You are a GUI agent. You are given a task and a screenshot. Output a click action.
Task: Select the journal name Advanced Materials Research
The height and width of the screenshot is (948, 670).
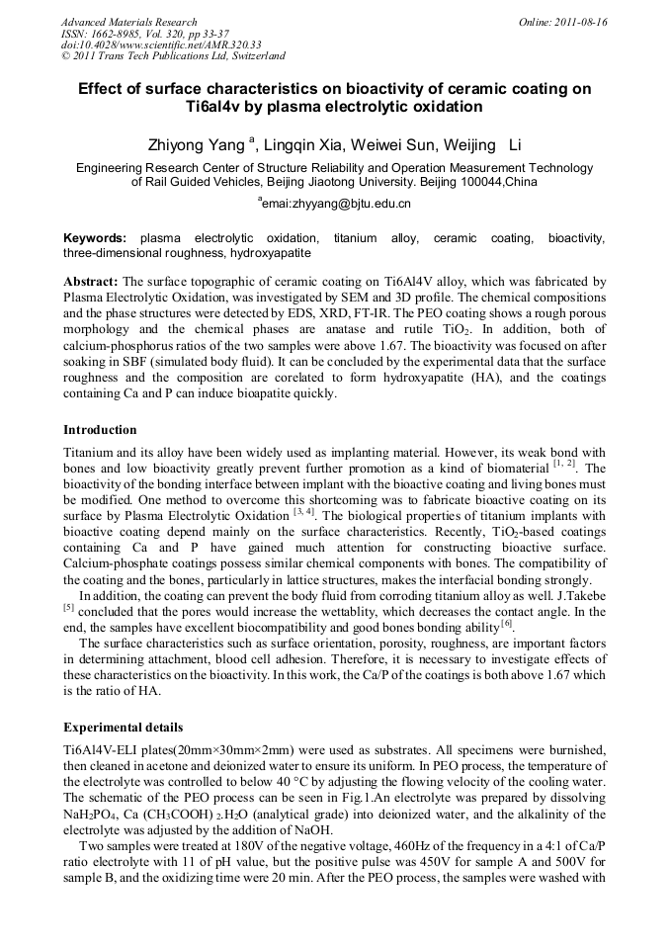128,22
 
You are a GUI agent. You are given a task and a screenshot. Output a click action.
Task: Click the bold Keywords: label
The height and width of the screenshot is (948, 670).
95,238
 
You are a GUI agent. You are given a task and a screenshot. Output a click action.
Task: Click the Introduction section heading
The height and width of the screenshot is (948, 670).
100,430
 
